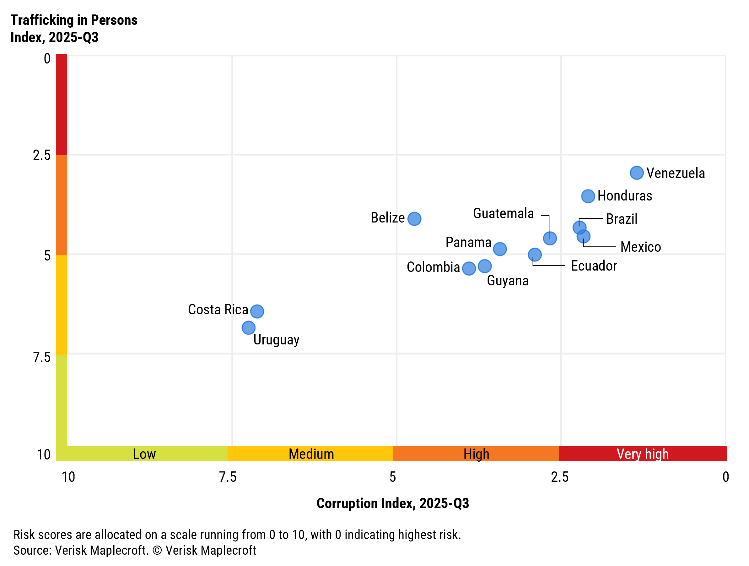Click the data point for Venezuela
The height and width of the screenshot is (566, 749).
point(637,173)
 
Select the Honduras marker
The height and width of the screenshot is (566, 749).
point(588,196)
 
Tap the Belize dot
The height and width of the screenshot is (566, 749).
point(414,219)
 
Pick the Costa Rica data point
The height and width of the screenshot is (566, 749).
point(257,311)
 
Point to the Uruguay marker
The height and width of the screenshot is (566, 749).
point(248,327)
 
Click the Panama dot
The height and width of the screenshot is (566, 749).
point(499,249)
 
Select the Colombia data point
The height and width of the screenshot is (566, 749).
point(469,268)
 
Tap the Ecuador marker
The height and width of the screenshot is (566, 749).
point(534,254)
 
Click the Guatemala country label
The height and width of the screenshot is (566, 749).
point(503,213)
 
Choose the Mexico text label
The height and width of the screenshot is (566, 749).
point(640,247)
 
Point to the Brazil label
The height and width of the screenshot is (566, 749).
point(621,219)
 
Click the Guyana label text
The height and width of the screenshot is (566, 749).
point(507,281)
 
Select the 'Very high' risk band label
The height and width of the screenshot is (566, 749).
point(642,454)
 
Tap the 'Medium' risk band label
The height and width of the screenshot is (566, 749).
point(311,454)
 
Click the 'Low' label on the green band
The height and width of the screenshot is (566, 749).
point(144,454)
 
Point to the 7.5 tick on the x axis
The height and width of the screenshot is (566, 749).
point(228,477)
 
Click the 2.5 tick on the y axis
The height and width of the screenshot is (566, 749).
point(42,155)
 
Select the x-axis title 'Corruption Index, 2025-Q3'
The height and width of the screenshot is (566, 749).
point(392,503)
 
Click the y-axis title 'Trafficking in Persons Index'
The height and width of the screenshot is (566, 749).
point(74,29)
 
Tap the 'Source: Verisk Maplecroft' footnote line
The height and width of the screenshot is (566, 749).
point(134,550)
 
